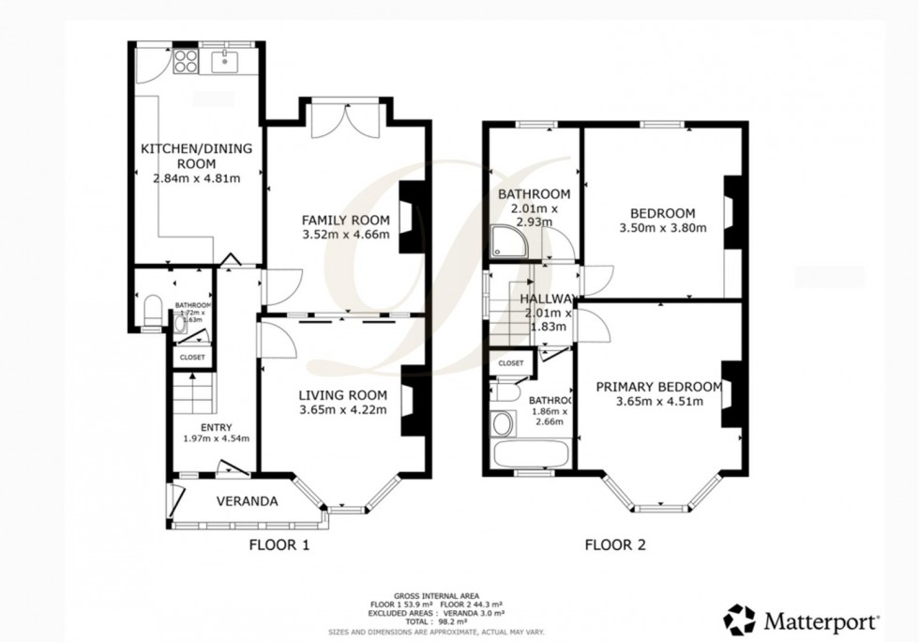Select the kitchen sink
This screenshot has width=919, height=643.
tap(225, 62)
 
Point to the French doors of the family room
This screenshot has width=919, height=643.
tap(344, 120)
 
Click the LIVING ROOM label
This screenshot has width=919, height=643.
tap(342, 394)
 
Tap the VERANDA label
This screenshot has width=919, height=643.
tap(247, 501)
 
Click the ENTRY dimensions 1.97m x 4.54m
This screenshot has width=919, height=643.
tap(212, 437)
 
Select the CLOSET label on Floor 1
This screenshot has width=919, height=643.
tap(192, 357)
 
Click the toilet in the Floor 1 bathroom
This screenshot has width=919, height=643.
tap(153, 311)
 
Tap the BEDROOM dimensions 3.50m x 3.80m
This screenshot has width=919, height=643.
tap(662, 228)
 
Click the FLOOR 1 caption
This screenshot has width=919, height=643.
tap(279, 544)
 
